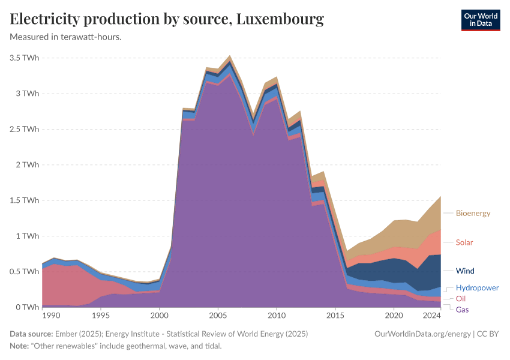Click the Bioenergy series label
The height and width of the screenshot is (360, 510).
pyautogui.click(x=473, y=213)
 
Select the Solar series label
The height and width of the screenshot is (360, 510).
pyautogui.click(x=464, y=242)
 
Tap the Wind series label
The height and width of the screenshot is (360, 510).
pyautogui.click(x=465, y=271)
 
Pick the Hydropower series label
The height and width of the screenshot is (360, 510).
pyautogui.click(x=477, y=287)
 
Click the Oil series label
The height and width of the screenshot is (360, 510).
pyautogui.click(x=461, y=298)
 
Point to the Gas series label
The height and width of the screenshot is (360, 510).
pyautogui.click(x=463, y=309)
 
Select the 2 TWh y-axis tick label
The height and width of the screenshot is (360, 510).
pyautogui.click(x=28, y=165)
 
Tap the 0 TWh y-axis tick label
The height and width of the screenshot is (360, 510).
pyautogui.click(x=28, y=307)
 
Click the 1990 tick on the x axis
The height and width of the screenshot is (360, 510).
pyautogui.click(x=51, y=316)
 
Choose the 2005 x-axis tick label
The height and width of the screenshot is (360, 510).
pyautogui.click(x=218, y=316)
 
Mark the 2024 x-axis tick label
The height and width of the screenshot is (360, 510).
pyautogui.click(x=431, y=316)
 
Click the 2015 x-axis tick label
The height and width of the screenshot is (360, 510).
pyautogui.click(x=335, y=316)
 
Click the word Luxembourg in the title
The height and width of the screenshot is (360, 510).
pyautogui.click(x=280, y=19)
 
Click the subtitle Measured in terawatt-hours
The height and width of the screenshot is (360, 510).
pyautogui.click(x=66, y=37)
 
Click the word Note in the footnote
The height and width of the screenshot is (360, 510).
pyautogui.click(x=20, y=347)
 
